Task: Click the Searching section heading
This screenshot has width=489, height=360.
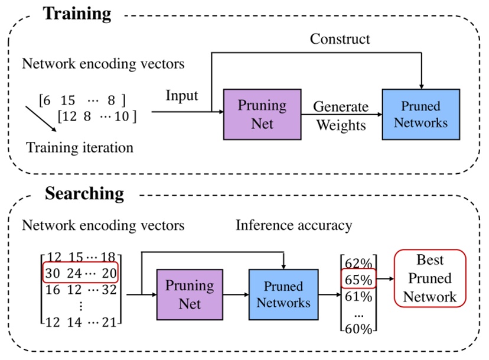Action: (x=84, y=193)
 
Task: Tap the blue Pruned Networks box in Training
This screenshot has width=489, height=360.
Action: (x=420, y=114)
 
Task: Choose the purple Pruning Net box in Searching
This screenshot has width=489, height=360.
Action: (x=190, y=294)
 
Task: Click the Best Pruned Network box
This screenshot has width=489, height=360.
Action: (x=429, y=278)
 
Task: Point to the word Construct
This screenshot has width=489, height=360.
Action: (x=340, y=40)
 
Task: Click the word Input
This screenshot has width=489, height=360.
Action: (x=182, y=95)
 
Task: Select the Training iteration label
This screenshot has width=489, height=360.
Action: (x=79, y=147)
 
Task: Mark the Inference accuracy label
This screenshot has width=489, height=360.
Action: (x=294, y=225)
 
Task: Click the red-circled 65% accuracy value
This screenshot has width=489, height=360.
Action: (x=358, y=278)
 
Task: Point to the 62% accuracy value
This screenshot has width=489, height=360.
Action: (x=358, y=261)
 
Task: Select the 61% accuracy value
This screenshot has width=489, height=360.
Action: (x=358, y=296)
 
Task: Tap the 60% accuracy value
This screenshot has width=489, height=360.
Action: (x=358, y=329)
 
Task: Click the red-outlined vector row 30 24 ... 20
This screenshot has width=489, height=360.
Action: (x=80, y=273)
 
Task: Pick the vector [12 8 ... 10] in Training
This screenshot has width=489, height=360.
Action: (x=97, y=116)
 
